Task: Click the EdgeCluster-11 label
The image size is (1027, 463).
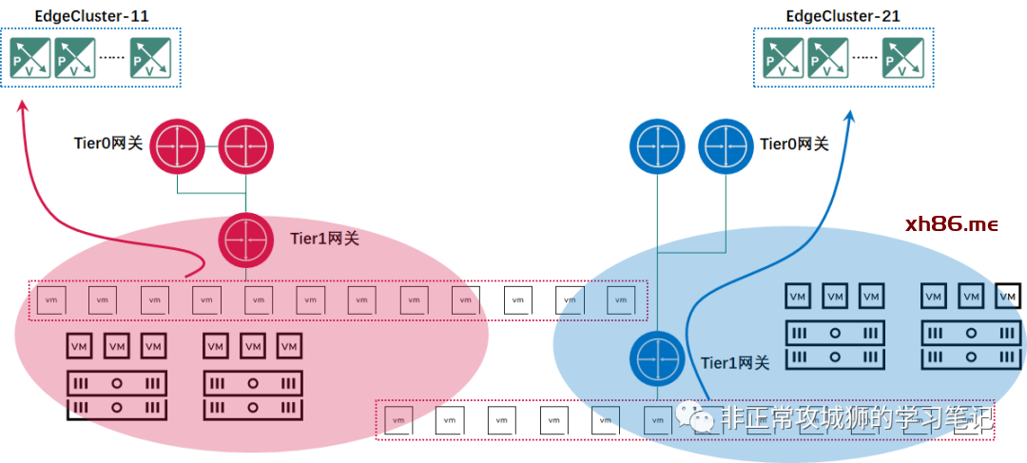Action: pyautogui.click(x=91, y=16)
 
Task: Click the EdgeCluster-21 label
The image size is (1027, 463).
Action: pyautogui.click(x=843, y=16)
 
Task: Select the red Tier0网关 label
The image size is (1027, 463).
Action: pyautogui.click(x=108, y=144)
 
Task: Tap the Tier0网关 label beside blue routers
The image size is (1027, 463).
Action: pyautogui.click(x=794, y=144)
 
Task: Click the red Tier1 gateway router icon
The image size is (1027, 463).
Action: pyautogui.click(x=246, y=240)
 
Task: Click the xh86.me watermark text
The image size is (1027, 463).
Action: pyautogui.click(x=952, y=224)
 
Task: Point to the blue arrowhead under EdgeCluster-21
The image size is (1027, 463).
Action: pyautogui.click(x=849, y=116)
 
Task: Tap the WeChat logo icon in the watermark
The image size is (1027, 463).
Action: pyautogui.click(x=704, y=418)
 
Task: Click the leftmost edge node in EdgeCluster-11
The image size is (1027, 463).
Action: pyautogui.click(x=29, y=58)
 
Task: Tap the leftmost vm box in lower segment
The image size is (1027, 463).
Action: pyautogui.click(x=396, y=419)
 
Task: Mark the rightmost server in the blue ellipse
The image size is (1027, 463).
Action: pyautogui.click(x=971, y=345)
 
